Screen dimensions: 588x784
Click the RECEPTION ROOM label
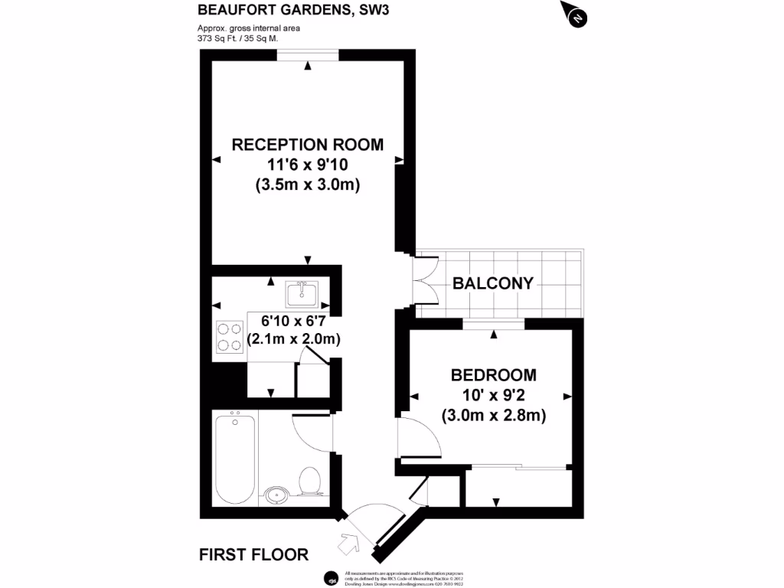[x=307, y=145]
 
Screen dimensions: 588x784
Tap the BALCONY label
[x=493, y=283]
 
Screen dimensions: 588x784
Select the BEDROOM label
[x=493, y=375]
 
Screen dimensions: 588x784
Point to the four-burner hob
[x=228, y=335]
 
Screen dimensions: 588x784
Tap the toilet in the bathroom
[x=310, y=481]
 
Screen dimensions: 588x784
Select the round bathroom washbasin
[x=277, y=493]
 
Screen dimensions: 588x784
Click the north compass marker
[x=577, y=16]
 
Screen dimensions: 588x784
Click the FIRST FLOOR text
[x=253, y=554]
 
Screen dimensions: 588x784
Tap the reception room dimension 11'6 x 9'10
[x=307, y=165]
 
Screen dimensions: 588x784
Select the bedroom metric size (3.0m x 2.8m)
[x=493, y=416]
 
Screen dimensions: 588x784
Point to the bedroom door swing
[x=417, y=439]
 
